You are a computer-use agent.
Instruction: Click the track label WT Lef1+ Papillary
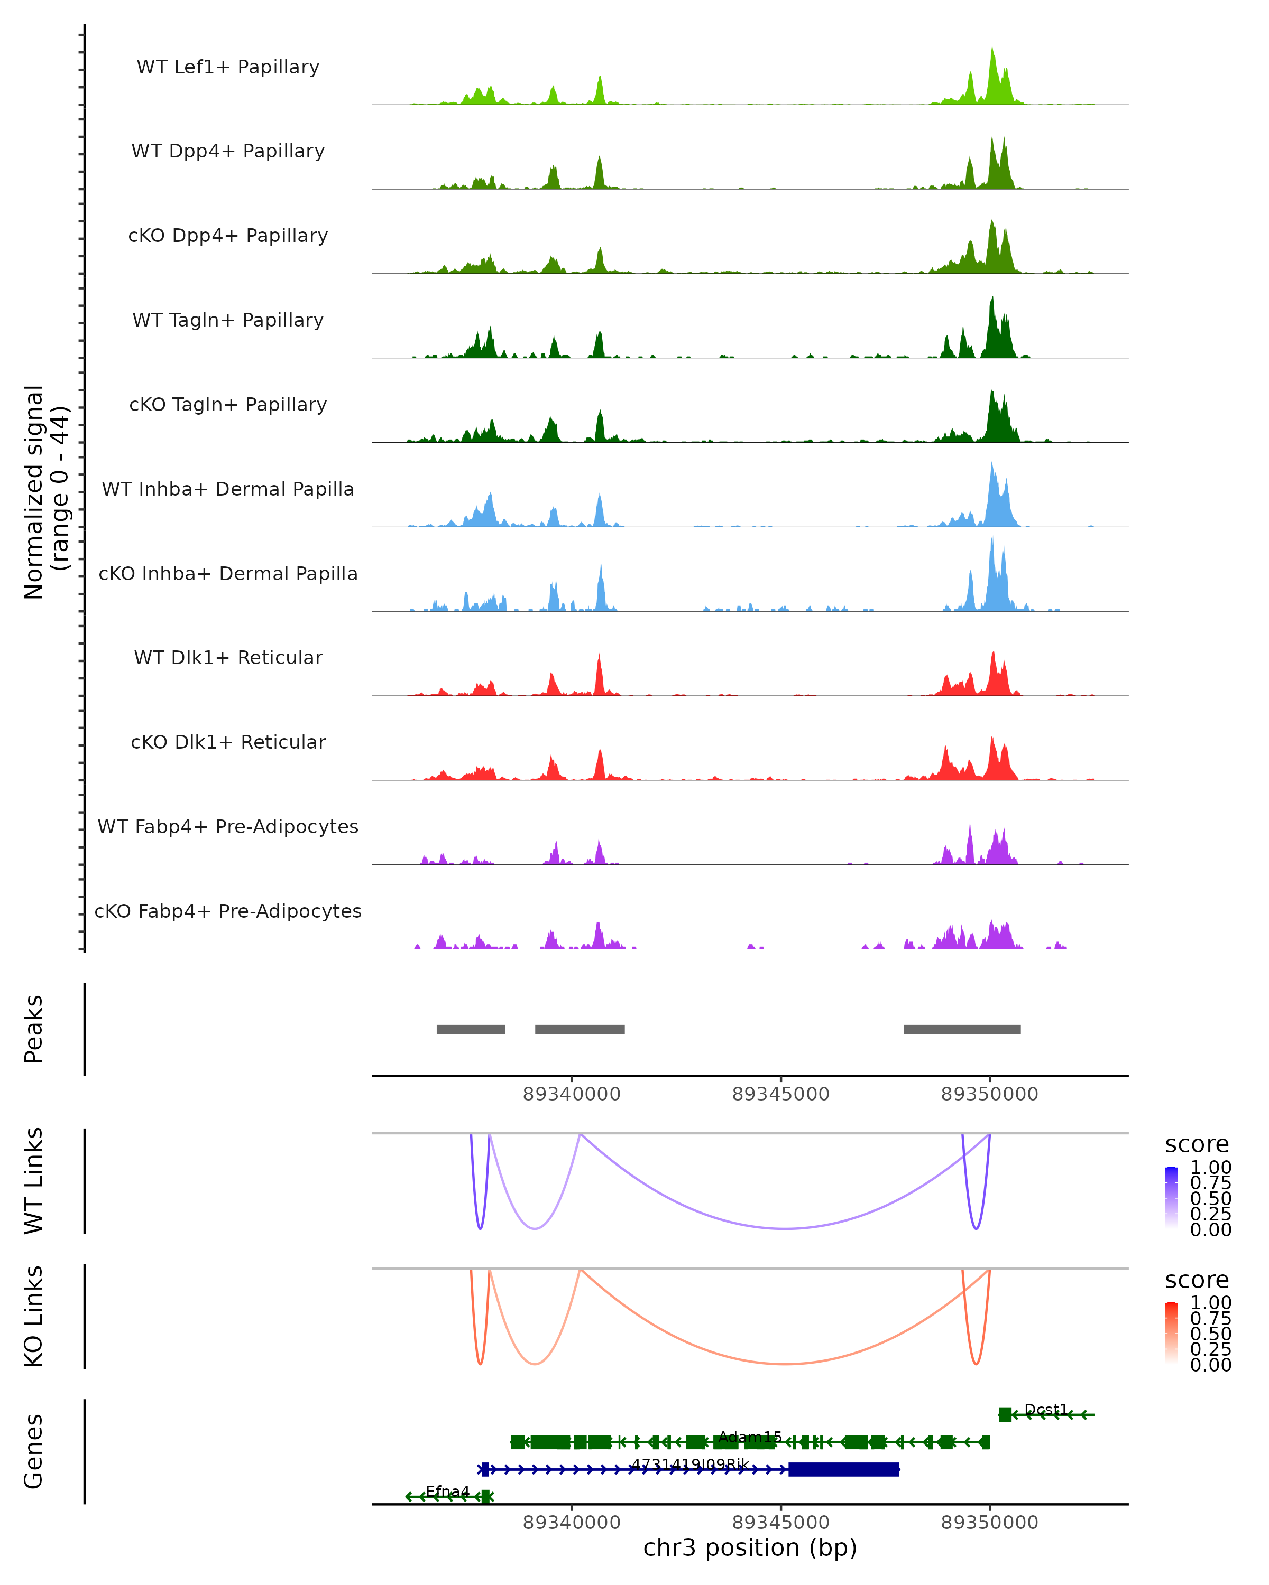point(228,67)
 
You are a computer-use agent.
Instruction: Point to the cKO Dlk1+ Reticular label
point(228,742)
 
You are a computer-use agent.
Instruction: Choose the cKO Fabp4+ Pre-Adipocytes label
point(228,911)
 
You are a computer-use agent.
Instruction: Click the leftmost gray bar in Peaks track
point(471,1029)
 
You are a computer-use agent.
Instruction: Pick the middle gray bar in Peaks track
point(580,1029)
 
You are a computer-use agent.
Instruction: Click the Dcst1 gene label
point(1045,1409)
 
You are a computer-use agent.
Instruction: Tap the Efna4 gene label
point(447,1491)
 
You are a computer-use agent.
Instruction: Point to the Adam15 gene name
point(750,1437)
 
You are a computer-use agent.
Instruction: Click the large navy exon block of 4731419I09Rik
point(844,1469)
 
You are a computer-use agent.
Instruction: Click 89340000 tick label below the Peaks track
point(572,1094)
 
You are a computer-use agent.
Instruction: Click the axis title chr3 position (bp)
point(750,1547)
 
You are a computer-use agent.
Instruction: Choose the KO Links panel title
point(34,1316)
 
